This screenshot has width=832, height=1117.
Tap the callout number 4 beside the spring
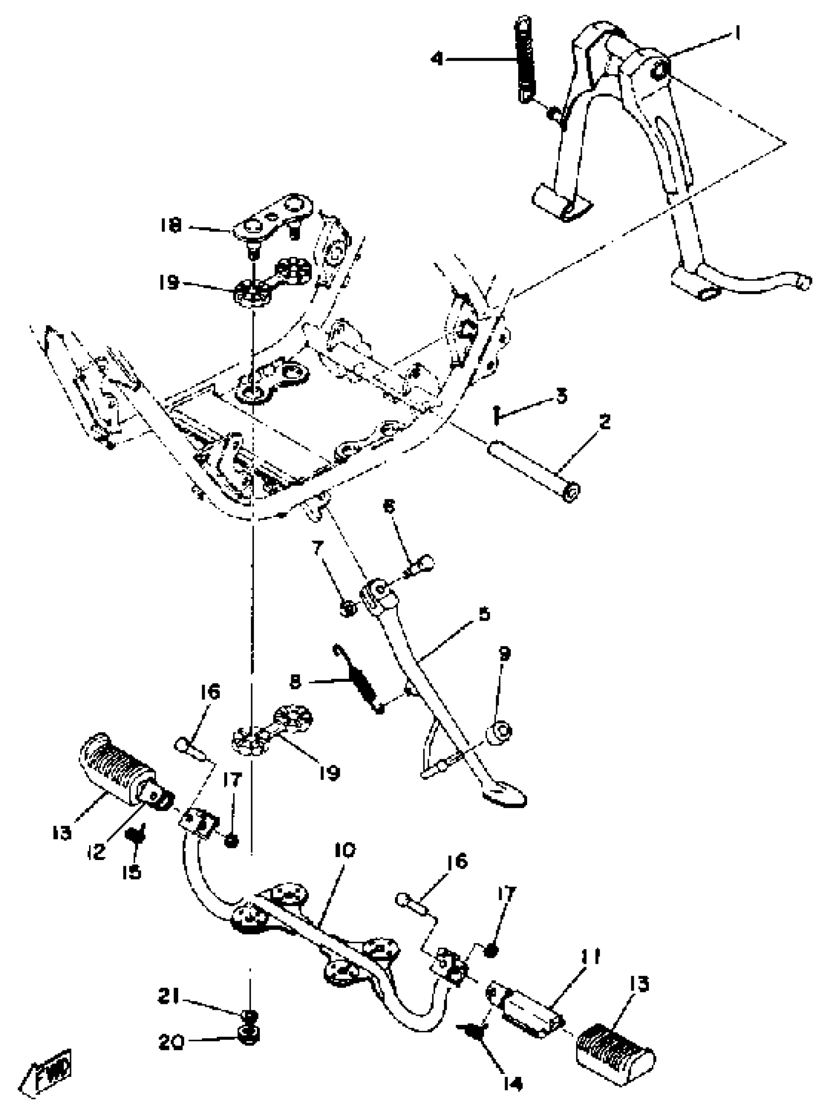[x=437, y=59]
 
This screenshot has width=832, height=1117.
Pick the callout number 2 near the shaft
[x=604, y=421]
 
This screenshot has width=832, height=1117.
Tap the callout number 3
[x=560, y=396]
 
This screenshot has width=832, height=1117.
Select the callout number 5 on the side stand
[x=484, y=614]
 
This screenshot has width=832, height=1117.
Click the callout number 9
[x=504, y=653]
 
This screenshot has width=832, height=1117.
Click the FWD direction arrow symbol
[x=48, y=1067]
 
